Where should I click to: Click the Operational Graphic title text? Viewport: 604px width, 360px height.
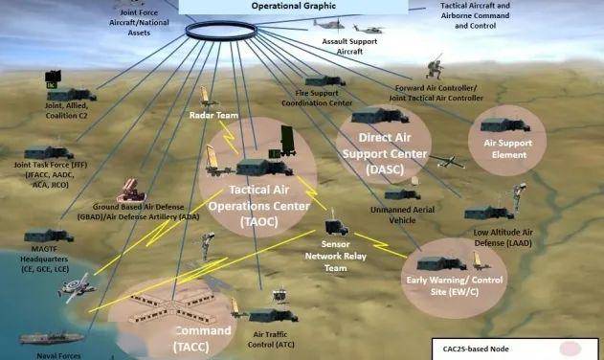tap(301, 6)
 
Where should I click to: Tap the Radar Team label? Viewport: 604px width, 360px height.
tap(213, 116)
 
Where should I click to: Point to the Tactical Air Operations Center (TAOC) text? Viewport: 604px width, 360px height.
tap(256, 206)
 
